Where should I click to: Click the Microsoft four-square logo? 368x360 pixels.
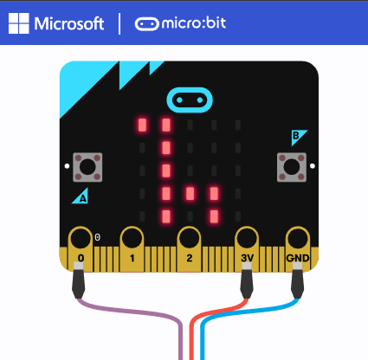(19, 23)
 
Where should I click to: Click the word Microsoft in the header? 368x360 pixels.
(69, 23)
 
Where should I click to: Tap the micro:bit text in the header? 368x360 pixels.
(194, 23)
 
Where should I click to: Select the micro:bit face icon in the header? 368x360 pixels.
(146, 24)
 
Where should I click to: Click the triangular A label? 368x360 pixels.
(81, 197)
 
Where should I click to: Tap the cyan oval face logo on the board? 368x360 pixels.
(190, 100)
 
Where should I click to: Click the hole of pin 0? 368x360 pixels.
(81, 238)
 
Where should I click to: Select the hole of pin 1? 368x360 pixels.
(132, 238)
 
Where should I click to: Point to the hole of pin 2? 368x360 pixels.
(189, 238)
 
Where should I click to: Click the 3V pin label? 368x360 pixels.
(247, 258)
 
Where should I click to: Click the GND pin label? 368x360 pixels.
(298, 258)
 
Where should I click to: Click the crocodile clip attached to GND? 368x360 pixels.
(297, 280)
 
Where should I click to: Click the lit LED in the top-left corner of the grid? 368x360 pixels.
(142, 125)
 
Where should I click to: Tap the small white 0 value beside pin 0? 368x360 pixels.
(98, 237)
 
